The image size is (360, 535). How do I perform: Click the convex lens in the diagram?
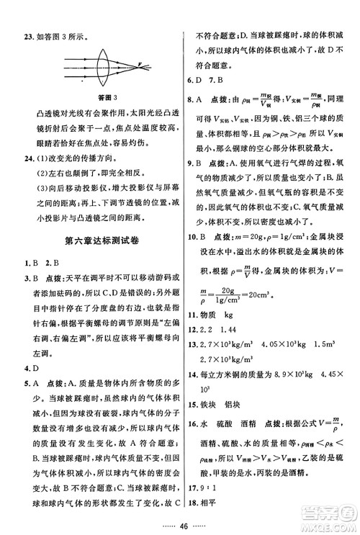(105, 63)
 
